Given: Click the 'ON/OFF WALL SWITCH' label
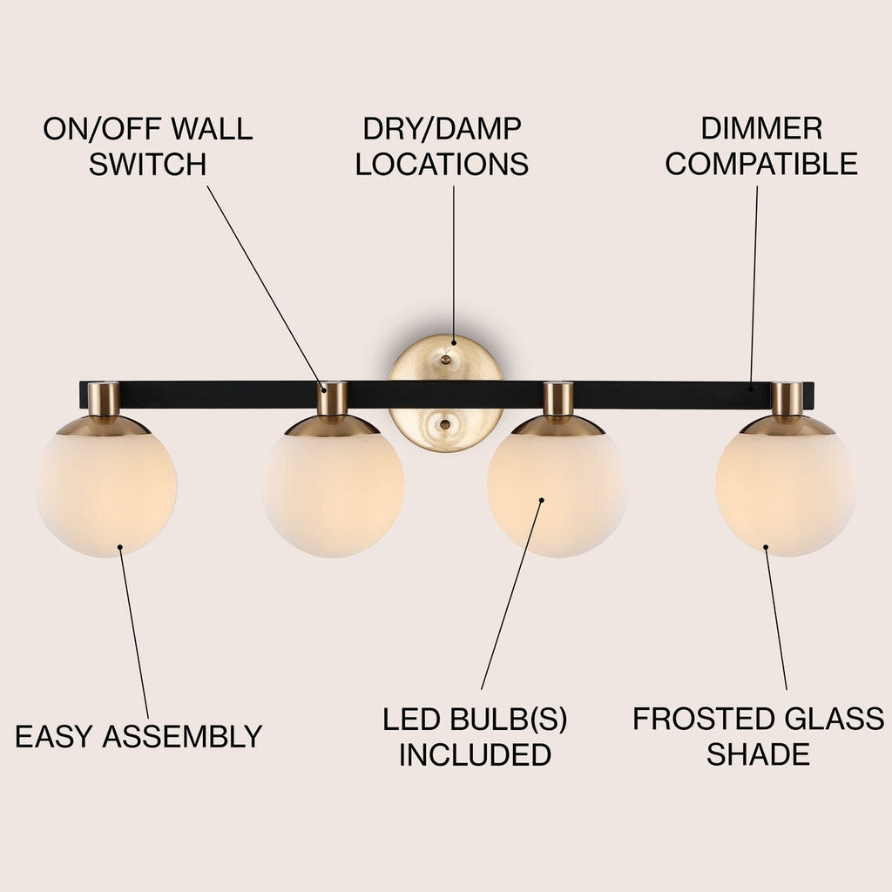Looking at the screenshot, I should [x=147, y=146].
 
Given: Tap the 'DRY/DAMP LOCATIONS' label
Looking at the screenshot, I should [x=442, y=146].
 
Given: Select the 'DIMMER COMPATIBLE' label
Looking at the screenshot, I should [x=761, y=146].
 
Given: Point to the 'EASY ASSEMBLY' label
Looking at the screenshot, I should [x=139, y=737].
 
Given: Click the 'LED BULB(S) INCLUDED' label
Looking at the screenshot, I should [x=475, y=737].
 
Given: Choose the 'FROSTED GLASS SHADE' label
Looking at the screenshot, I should [x=758, y=737].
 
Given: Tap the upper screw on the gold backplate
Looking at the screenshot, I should [x=445, y=356].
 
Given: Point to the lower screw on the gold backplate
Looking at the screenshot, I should [x=445, y=424].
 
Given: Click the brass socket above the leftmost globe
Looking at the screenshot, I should [x=104, y=399].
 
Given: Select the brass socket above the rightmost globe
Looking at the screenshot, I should [x=787, y=399].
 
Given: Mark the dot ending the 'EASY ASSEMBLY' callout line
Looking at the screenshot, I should [x=119, y=549].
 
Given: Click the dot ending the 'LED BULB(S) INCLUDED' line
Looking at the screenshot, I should [x=541, y=501].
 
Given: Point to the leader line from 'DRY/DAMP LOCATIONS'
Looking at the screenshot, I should [x=453, y=261].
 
